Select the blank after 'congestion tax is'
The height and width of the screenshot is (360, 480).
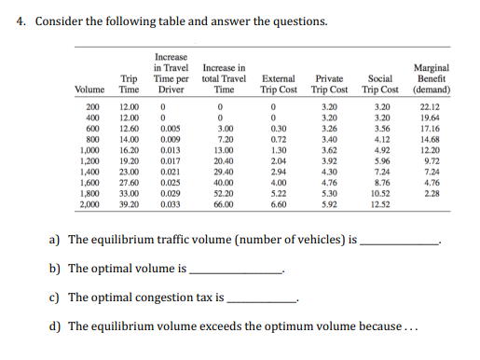click(x=262, y=300)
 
